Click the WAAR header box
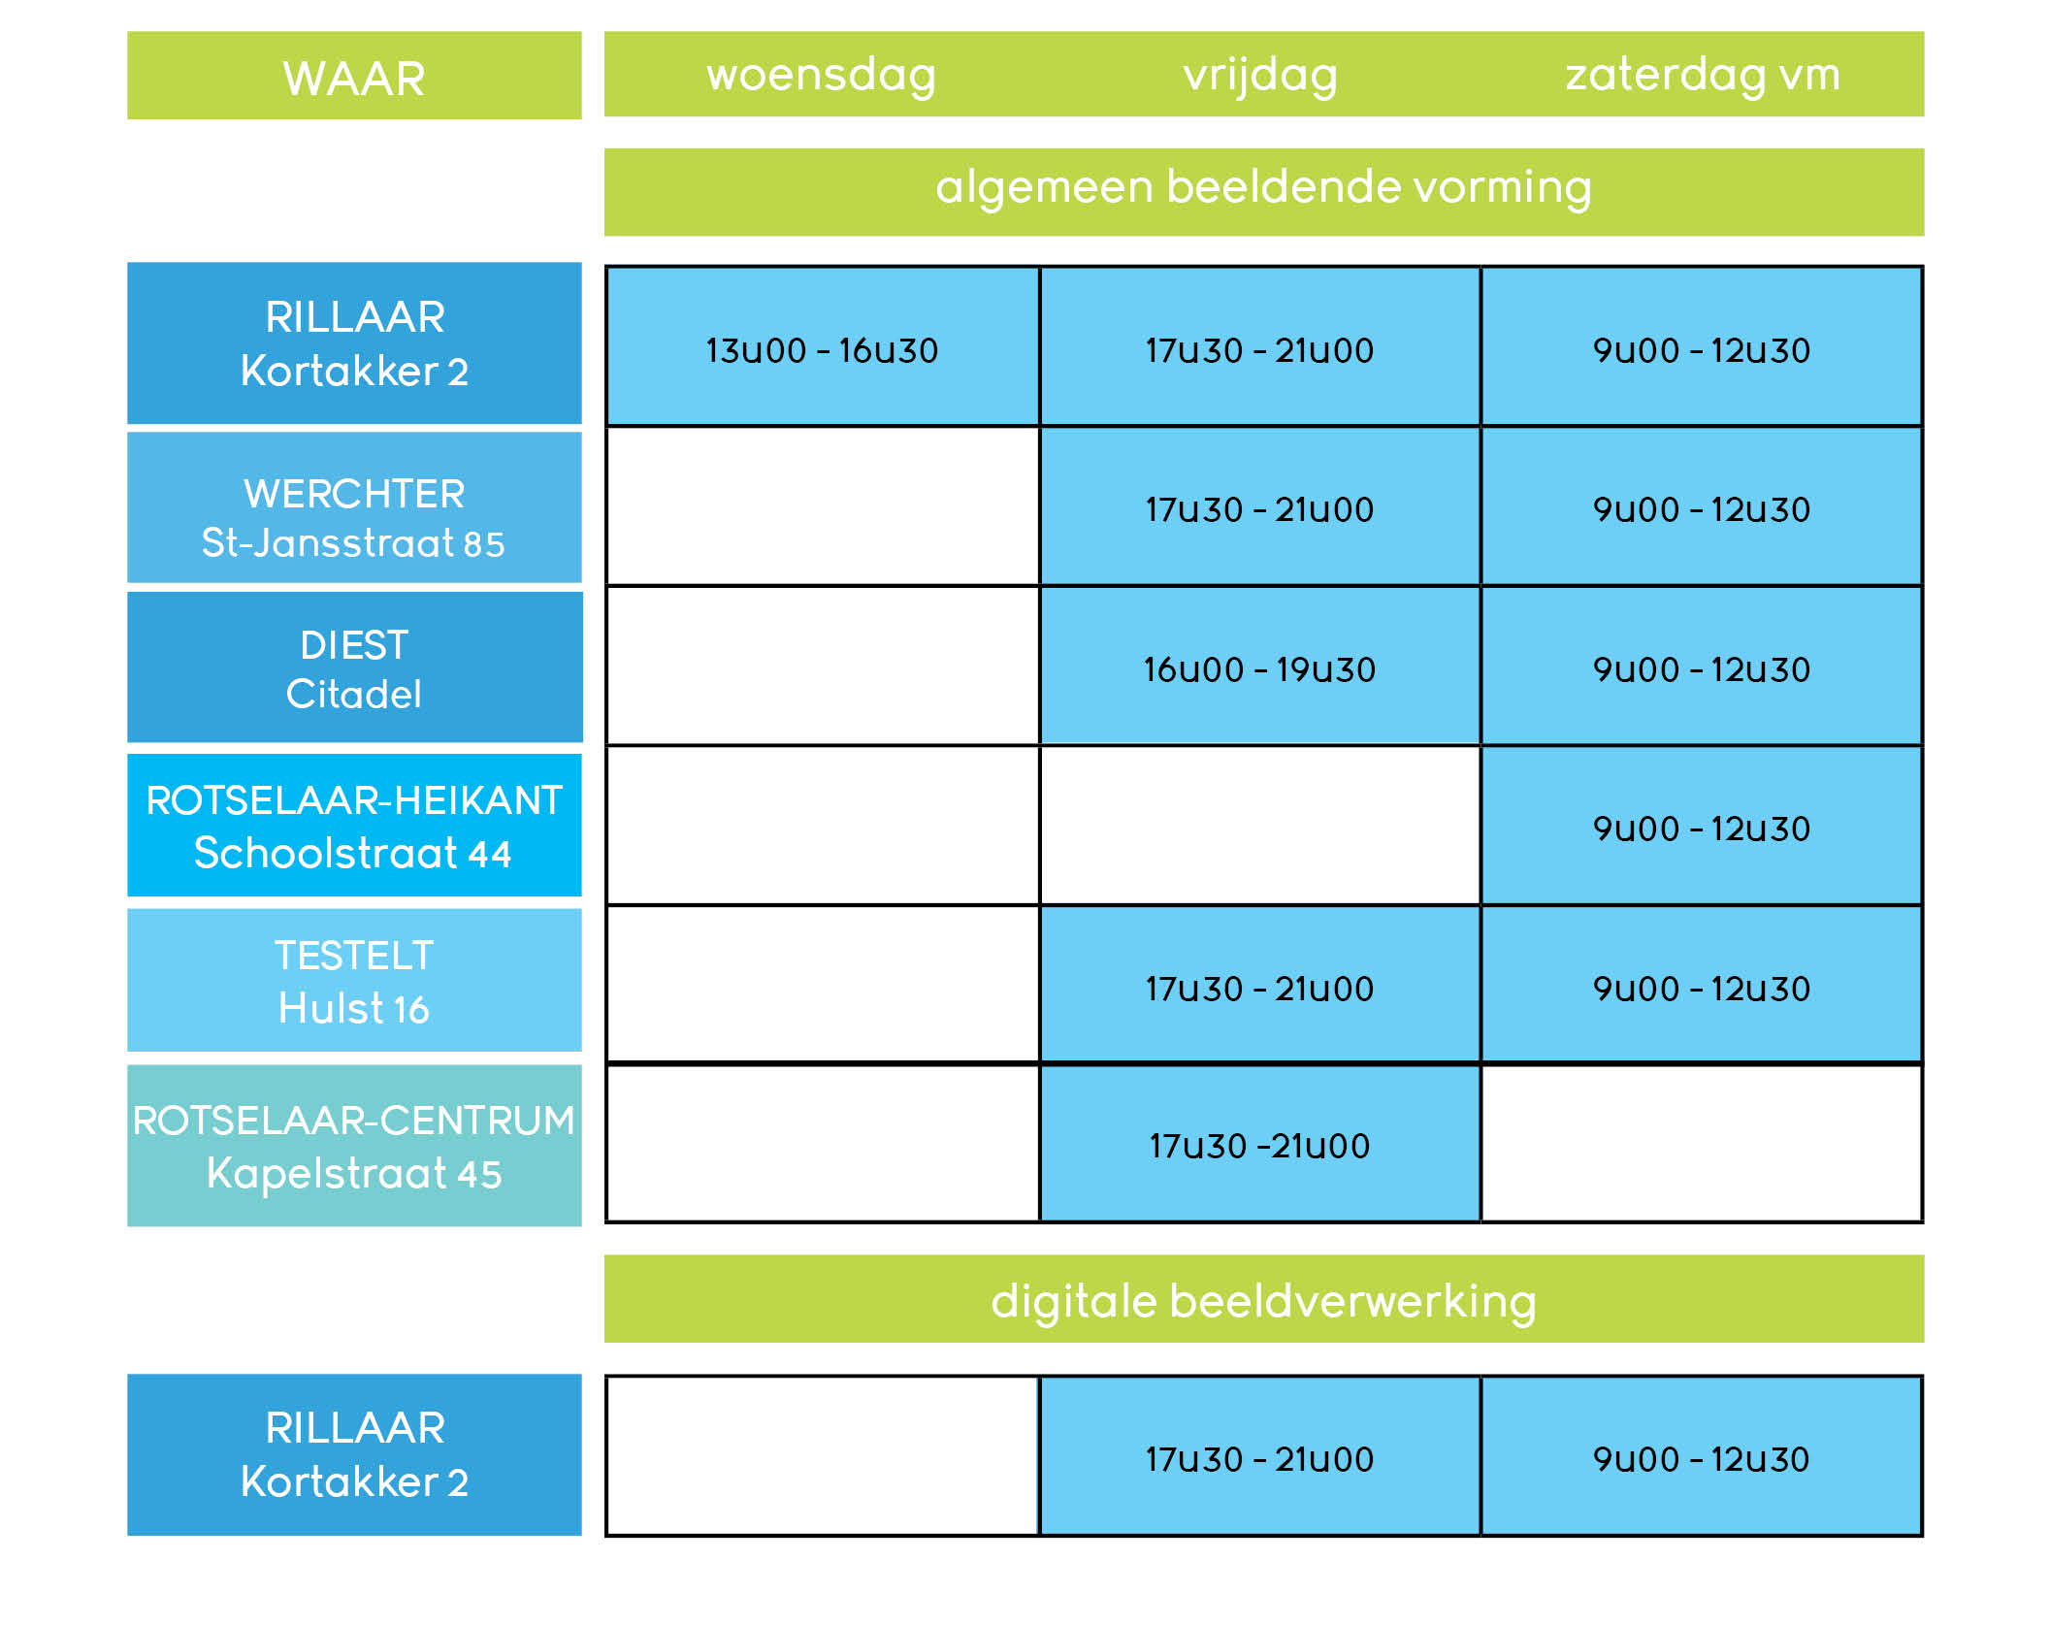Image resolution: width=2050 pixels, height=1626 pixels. (x=354, y=76)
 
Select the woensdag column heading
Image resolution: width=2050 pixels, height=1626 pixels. (x=821, y=75)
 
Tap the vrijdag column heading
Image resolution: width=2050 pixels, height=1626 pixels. (x=1260, y=75)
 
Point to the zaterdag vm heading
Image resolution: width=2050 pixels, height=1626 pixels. (x=1703, y=75)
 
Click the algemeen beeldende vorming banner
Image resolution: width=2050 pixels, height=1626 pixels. (x=1264, y=192)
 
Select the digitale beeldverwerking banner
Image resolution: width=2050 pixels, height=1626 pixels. (x=1264, y=1299)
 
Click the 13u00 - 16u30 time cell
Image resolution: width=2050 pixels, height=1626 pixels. (x=823, y=346)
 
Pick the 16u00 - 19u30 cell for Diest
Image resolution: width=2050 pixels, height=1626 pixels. (x=1260, y=666)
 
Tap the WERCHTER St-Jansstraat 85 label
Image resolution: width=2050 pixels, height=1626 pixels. (x=354, y=507)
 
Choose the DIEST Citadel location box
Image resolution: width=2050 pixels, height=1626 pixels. (x=354, y=667)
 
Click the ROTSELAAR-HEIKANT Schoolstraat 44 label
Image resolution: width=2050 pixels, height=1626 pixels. (x=354, y=826)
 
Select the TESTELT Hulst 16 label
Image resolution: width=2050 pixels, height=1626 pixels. (x=354, y=980)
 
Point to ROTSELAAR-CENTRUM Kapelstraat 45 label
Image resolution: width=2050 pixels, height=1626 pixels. (x=354, y=1146)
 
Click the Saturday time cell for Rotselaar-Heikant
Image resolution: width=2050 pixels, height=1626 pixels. (x=1702, y=826)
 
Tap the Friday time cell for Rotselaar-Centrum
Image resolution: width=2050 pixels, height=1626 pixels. (x=1260, y=1144)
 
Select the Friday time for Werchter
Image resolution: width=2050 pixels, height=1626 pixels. (x=1260, y=506)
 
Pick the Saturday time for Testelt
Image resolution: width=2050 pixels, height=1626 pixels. (x=1702, y=985)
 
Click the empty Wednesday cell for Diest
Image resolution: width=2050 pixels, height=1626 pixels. (x=823, y=666)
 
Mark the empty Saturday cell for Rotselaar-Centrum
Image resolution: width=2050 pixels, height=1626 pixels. (x=1702, y=1144)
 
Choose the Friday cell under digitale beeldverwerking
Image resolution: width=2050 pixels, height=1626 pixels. (x=1260, y=1456)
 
